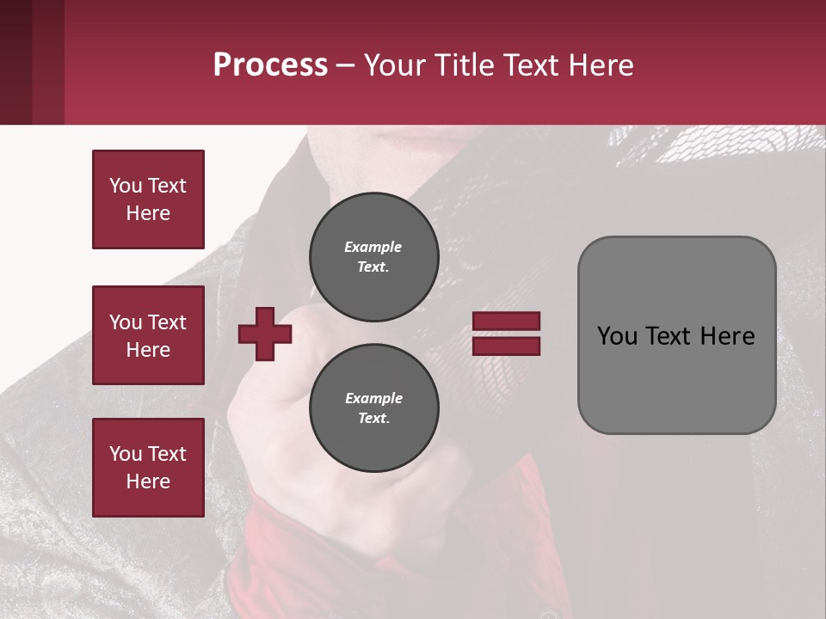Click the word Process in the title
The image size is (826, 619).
tap(270, 65)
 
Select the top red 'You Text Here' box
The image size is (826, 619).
tap(148, 199)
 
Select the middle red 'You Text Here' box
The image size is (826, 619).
tap(148, 335)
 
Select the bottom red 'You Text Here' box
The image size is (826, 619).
tap(148, 468)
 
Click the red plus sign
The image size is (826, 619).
tap(265, 334)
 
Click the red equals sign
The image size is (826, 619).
tap(506, 334)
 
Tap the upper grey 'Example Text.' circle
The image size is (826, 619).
tap(373, 256)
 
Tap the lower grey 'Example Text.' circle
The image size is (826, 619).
tap(373, 408)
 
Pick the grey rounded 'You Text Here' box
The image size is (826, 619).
tap(676, 335)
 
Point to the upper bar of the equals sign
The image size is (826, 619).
tap(506, 322)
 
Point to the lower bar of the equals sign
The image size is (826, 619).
tap(506, 346)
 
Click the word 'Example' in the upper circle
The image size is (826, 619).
tap(373, 247)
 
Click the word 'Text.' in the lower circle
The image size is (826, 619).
tap(373, 419)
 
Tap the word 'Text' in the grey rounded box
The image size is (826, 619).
tap(669, 336)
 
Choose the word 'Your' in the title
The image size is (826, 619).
tap(392, 65)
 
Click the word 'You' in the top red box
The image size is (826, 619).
tap(125, 186)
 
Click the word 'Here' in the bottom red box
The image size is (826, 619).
tap(148, 481)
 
